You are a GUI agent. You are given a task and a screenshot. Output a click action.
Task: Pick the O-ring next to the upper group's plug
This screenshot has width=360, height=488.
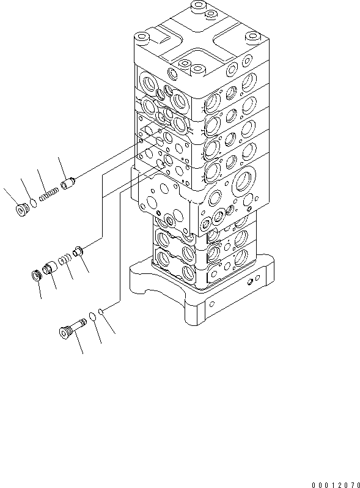(35, 203)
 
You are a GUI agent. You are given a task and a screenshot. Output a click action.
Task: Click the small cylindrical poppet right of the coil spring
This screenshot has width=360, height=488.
(68, 182)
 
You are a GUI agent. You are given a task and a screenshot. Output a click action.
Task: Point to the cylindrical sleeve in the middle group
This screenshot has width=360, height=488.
(51, 266)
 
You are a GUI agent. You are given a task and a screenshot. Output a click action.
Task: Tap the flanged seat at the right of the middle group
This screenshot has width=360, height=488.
(78, 250)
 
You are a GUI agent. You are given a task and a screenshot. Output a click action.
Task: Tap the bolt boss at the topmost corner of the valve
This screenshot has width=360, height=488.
(197, 7)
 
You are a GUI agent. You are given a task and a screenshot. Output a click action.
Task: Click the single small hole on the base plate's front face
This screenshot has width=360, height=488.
(211, 302)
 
